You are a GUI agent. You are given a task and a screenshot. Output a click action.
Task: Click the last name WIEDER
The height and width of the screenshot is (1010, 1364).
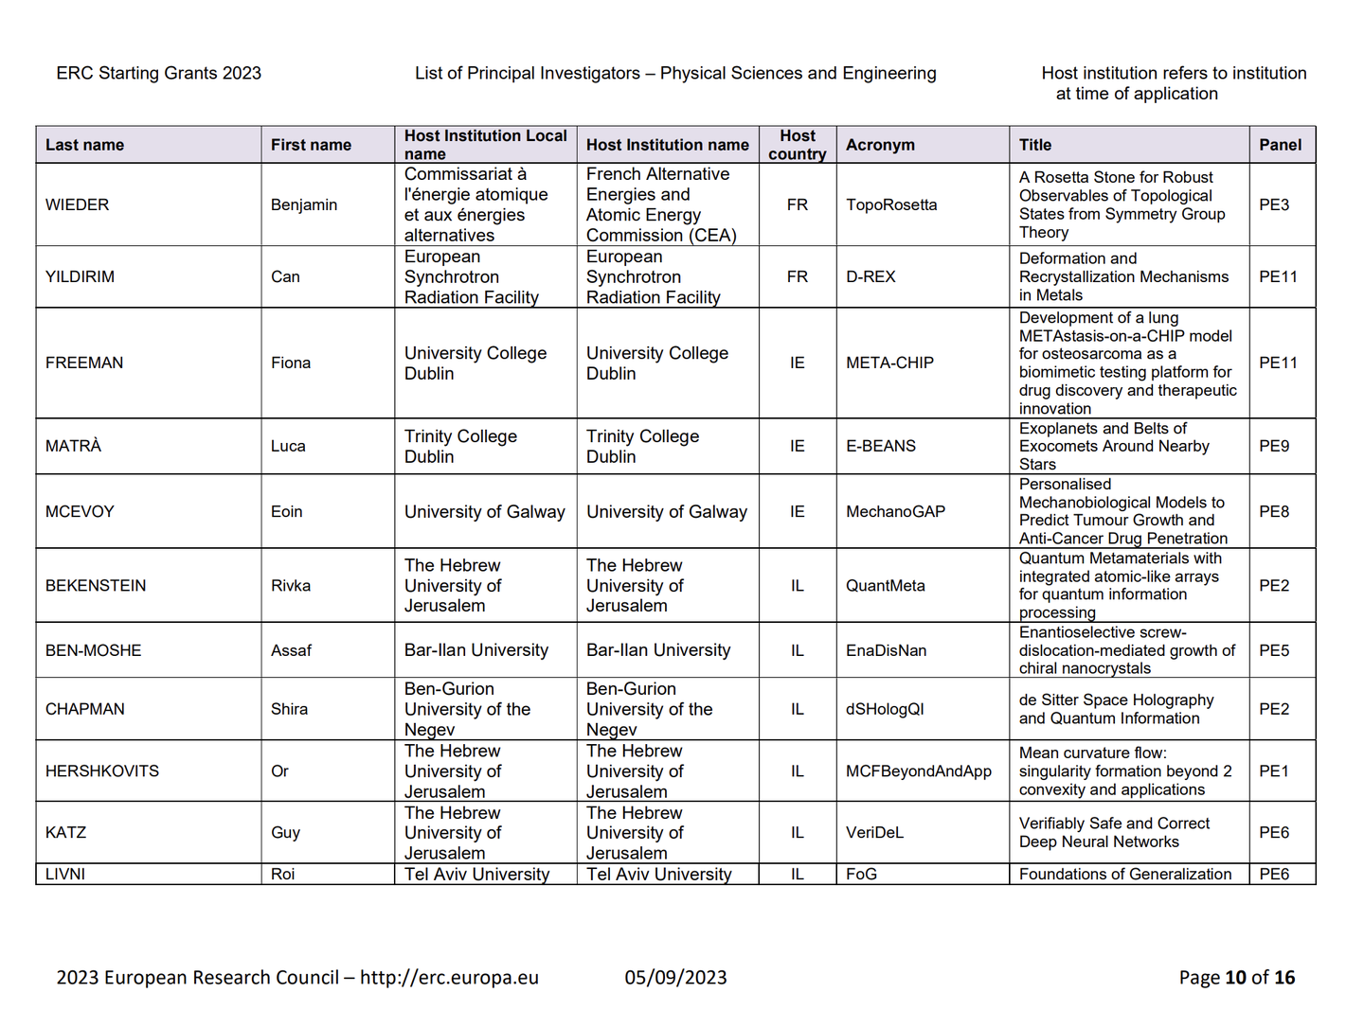[78, 204]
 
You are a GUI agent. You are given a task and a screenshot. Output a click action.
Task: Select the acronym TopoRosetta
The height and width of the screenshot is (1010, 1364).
[891, 204]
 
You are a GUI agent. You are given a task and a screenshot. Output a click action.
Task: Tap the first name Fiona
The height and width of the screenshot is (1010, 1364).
[291, 363]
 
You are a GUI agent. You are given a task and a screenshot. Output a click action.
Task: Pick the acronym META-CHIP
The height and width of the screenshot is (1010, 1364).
[889, 363]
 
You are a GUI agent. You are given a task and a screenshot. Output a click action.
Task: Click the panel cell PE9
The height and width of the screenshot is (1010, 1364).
[1274, 446]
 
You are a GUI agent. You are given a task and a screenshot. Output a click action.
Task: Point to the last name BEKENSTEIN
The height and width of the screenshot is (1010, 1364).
[96, 585]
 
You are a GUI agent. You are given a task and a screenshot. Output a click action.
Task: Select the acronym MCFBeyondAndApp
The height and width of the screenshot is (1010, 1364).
[919, 771]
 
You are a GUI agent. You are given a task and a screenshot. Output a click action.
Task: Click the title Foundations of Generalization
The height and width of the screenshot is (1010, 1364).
[1125, 874]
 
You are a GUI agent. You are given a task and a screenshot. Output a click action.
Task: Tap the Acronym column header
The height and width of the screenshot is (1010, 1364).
[880, 145]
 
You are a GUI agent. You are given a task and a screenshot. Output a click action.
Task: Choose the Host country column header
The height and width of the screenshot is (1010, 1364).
[798, 145]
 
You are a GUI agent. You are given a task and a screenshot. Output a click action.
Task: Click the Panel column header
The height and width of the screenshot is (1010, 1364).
[1281, 145]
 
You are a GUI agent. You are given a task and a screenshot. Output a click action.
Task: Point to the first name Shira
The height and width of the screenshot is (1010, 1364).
[289, 709]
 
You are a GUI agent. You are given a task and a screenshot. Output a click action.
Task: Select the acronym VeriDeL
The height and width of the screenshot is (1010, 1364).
[874, 832]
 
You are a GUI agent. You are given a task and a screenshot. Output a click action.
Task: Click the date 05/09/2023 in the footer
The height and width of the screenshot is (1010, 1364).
[675, 977]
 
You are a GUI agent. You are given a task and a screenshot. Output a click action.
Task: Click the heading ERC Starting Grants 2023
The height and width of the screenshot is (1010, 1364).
[158, 73]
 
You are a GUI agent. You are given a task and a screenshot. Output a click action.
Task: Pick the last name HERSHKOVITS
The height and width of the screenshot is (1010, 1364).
[102, 771]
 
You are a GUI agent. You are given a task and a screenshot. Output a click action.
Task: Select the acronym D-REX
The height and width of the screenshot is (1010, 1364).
[870, 276]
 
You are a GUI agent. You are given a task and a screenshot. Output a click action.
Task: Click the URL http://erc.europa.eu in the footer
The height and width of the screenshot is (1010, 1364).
[449, 977]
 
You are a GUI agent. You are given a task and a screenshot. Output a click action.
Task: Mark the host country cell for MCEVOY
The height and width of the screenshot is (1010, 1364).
[798, 511]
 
